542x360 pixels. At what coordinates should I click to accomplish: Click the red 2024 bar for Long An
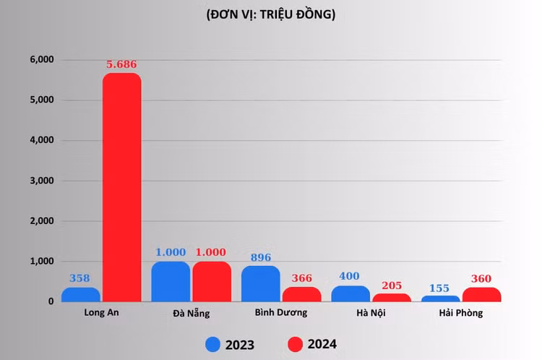121,188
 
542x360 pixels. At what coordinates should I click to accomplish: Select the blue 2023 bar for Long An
81,294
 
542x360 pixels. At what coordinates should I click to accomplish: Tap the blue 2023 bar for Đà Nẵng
171,282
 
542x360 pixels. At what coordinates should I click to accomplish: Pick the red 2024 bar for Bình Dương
301,294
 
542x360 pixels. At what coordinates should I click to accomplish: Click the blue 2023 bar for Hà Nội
350,293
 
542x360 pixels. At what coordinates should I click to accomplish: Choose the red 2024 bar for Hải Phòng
481,294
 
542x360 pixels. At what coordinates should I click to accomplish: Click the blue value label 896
260,257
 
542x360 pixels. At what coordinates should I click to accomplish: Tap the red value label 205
391,285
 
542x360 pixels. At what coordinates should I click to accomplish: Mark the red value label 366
301,278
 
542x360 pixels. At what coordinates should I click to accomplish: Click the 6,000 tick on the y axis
41,59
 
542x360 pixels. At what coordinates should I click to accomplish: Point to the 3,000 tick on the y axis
41,180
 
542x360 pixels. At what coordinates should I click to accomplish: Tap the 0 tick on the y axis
51,301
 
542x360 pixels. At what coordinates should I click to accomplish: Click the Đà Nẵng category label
191,313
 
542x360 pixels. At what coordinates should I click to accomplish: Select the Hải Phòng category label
461,313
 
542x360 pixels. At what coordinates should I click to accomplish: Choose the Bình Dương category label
281,313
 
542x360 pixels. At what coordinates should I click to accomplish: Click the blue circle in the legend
213,344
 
